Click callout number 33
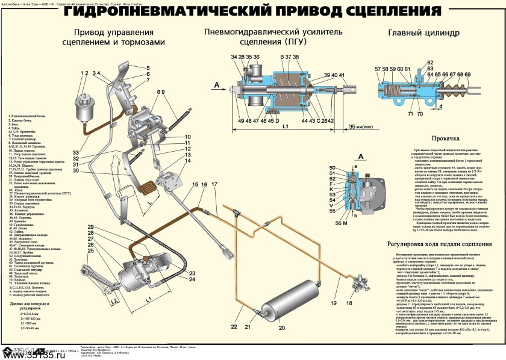77,151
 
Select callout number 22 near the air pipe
234,326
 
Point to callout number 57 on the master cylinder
377,69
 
